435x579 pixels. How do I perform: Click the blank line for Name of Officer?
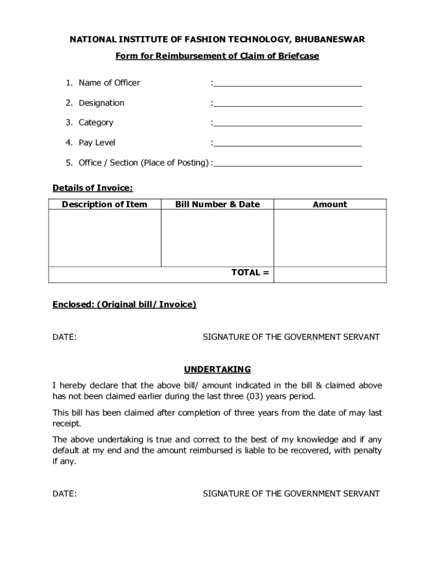click(288, 84)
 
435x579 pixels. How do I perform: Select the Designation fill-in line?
click(288, 103)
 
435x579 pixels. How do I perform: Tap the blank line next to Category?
click(288, 123)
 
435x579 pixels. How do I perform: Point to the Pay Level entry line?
click(288, 144)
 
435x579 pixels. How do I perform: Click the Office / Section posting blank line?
click(288, 163)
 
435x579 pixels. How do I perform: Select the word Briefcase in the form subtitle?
click(299, 56)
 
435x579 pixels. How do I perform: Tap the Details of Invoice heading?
click(93, 188)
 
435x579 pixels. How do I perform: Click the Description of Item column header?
click(105, 205)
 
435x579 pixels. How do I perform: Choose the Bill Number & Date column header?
click(217, 205)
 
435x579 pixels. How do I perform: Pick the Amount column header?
click(330, 205)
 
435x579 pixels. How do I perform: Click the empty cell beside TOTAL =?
click(330, 274)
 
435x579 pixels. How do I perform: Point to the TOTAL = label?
click(250, 273)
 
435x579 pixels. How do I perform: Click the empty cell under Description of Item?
click(105, 238)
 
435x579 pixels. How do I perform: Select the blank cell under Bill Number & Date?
click(217, 238)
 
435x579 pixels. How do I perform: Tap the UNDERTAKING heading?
click(217, 370)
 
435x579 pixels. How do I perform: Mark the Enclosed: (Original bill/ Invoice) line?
click(124, 305)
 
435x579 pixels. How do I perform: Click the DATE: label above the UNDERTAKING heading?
click(65, 337)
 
